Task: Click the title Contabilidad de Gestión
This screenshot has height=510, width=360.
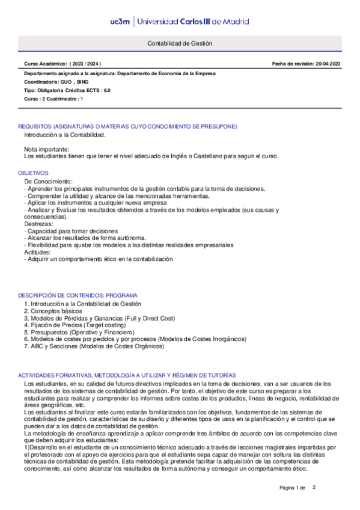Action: click(180, 45)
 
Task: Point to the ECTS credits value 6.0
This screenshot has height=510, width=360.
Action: click(106, 90)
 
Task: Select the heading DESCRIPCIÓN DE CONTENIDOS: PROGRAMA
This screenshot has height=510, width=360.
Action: click(78, 296)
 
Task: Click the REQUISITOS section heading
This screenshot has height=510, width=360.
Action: click(127, 126)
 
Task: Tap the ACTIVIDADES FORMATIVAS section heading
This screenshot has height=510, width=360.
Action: click(127, 375)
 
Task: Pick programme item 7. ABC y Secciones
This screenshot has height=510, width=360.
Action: click(94, 346)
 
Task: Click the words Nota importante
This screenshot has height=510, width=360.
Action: click(46, 149)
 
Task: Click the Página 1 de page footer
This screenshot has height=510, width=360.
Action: click(293, 487)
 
